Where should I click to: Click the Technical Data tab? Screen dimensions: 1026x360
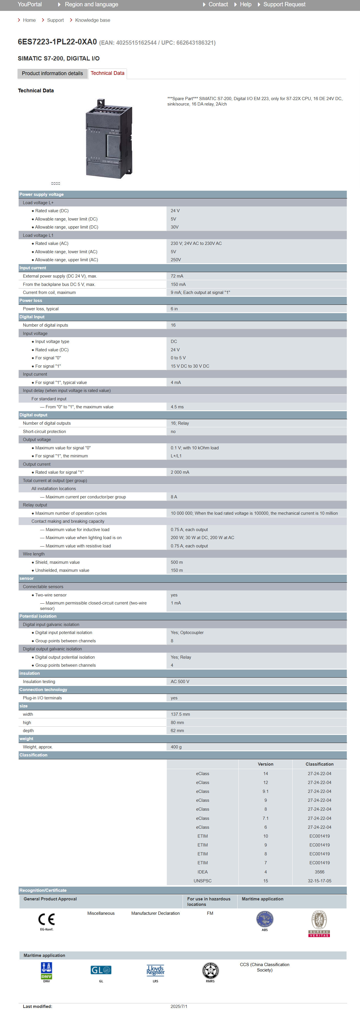107,73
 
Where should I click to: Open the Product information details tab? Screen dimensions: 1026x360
52,74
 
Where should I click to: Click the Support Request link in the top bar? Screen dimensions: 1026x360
284,4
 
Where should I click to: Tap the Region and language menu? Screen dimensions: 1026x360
91,4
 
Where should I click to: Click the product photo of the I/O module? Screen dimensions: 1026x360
109,138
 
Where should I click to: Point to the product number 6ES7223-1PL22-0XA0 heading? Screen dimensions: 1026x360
57,42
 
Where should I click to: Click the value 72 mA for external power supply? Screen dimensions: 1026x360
177,276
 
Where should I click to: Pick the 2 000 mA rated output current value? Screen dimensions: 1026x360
180,472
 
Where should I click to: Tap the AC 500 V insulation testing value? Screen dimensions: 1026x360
180,682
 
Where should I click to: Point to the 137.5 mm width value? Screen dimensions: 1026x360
180,714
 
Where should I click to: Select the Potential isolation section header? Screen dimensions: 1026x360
38,616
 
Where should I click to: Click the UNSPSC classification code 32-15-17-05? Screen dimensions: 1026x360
319,881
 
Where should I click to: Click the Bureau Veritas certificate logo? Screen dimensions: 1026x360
319,924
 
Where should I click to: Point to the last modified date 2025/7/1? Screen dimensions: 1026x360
179,1007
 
